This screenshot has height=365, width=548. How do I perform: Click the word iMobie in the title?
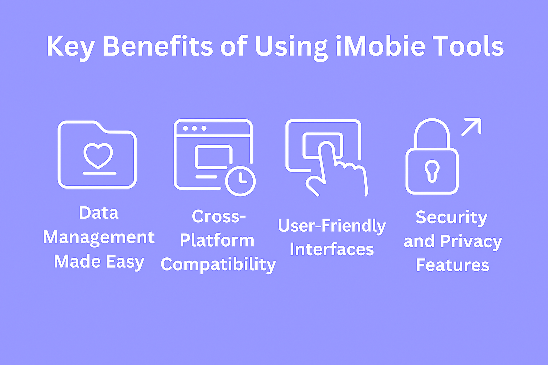pyautogui.click(x=381, y=46)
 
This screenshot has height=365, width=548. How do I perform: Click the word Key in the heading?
pyautogui.click(x=71, y=48)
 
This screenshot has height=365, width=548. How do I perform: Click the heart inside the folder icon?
pyautogui.click(x=98, y=155)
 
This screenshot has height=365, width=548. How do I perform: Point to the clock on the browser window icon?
pyautogui.click(x=240, y=181)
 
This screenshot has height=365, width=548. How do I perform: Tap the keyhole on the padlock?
pyautogui.click(x=432, y=171)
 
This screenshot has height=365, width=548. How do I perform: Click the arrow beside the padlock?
pyautogui.click(x=471, y=127)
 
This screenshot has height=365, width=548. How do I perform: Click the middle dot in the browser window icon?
pyautogui.click(x=194, y=128)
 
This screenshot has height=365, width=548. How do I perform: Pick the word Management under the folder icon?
pyautogui.click(x=99, y=238)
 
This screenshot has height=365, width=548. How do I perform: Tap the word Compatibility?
pyautogui.click(x=218, y=265)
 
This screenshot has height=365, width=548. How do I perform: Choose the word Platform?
pyautogui.click(x=217, y=240)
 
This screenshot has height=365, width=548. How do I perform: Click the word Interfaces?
pyautogui.click(x=332, y=249)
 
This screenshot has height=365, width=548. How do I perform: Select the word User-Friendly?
pyautogui.click(x=332, y=226)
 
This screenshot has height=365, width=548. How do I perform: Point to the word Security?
pyautogui.click(x=452, y=218)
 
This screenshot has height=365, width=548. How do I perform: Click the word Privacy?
pyautogui.click(x=471, y=242)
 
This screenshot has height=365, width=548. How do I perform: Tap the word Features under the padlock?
pyautogui.click(x=453, y=265)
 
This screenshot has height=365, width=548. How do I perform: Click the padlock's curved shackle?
pyautogui.click(x=432, y=121)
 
